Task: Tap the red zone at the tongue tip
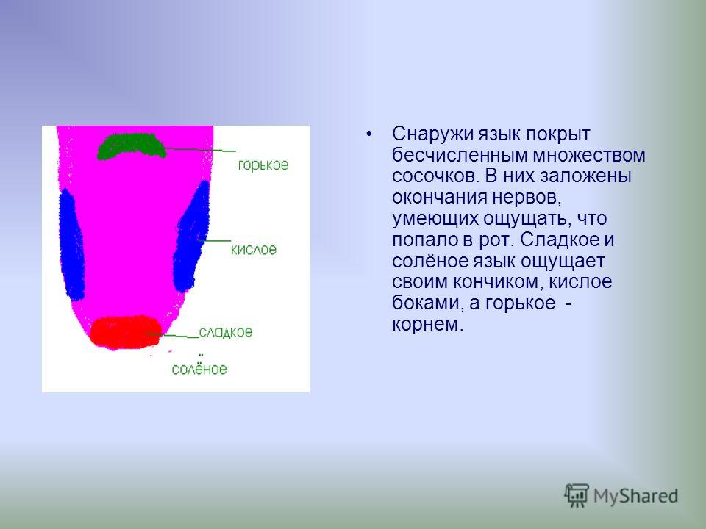coord(125,332)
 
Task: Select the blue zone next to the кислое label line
coord(191,237)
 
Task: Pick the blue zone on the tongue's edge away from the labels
coord(72,245)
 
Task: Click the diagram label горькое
coord(263,165)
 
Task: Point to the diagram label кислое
coord(254,249)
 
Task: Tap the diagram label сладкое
coord(226,332)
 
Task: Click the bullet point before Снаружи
coord(369,134)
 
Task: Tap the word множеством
coord(589,155)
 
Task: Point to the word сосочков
coord(435,176)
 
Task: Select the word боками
coord(428,303)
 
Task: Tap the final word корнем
coord(427,325)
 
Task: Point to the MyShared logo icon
coord(577,496)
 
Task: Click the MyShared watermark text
coord(635,496)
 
